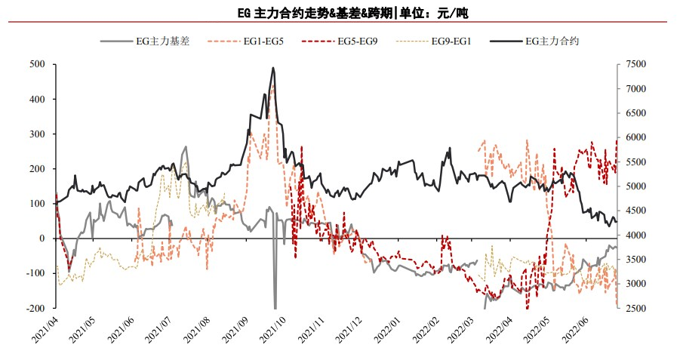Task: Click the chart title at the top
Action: click(342, 14)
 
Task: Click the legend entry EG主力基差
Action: click(163, 42)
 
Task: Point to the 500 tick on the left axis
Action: click(36, 65)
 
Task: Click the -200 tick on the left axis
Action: click(35, 309)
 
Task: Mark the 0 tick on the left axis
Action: click(42, 238)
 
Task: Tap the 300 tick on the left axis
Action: click(36, 134)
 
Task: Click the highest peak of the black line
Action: click(273, 68)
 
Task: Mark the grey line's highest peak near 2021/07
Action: click(186, 147)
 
